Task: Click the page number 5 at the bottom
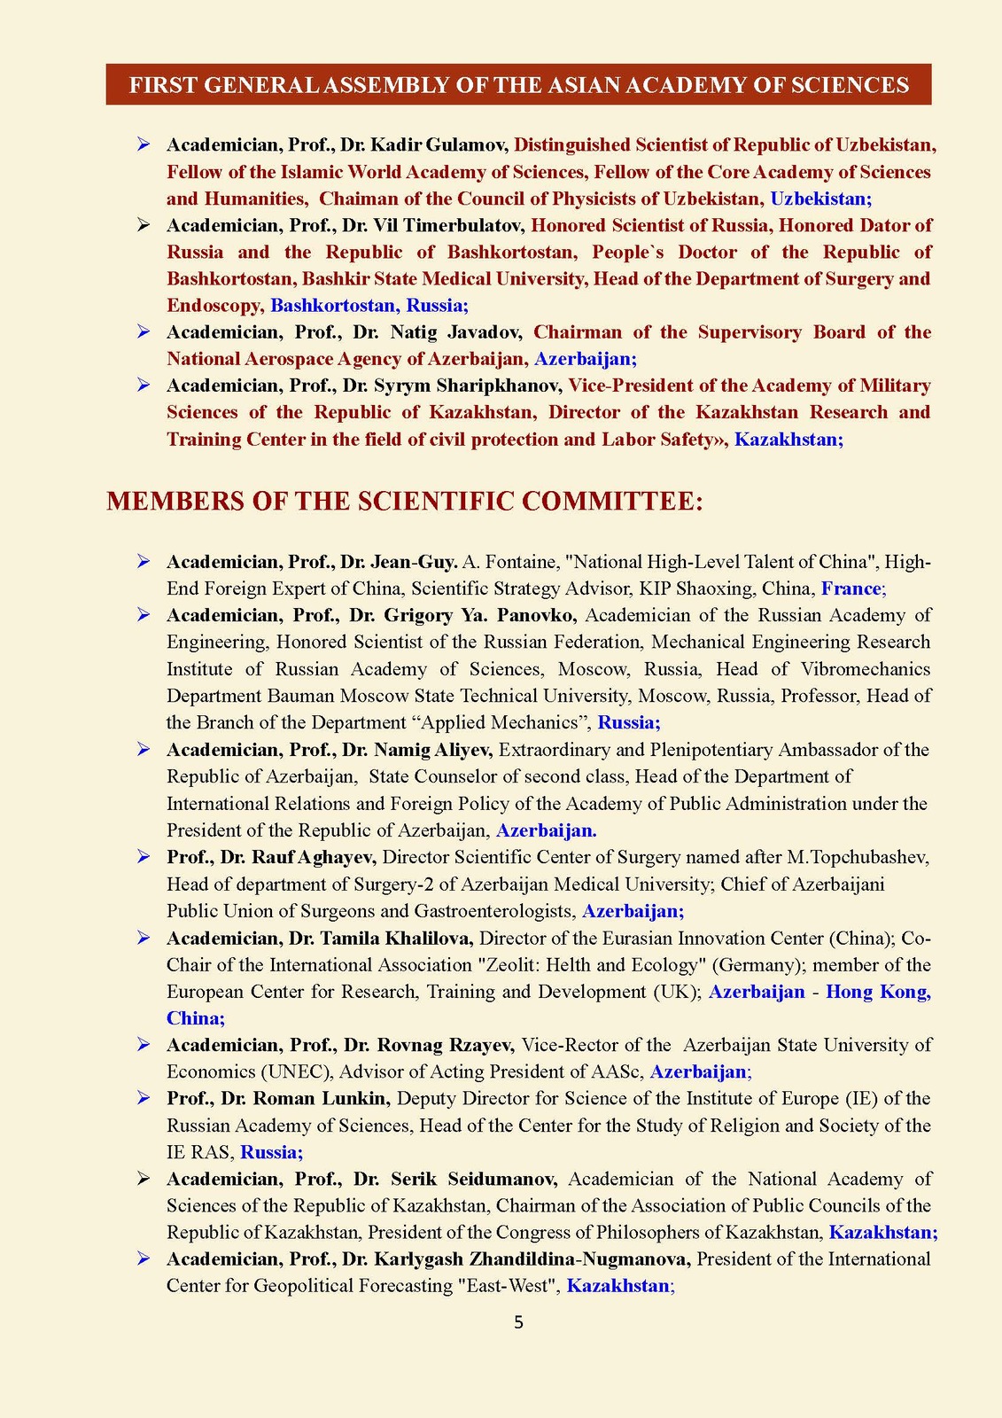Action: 518,1323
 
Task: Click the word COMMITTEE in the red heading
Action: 612,502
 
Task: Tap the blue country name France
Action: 851,588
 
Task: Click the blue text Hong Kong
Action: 878,992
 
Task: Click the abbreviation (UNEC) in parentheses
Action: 292,1072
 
